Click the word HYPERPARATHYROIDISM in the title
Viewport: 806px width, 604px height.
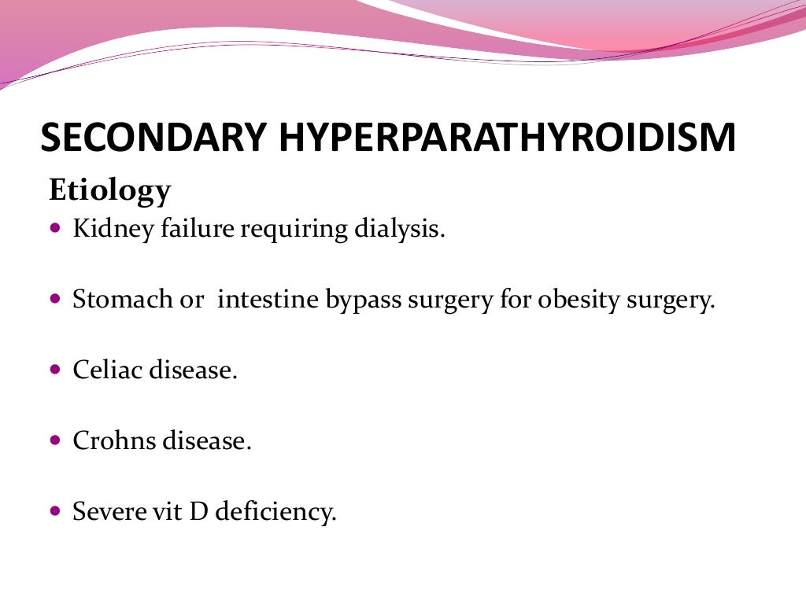coord(507,138)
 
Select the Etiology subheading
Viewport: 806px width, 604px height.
coord(109,191)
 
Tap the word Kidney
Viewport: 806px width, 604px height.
coord(107,230)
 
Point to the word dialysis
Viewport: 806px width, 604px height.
coord(400,230)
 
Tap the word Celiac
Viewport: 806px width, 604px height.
coord(104,370)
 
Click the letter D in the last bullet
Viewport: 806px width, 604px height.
coord(198,511)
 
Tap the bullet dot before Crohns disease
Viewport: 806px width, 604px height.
coord(54,441)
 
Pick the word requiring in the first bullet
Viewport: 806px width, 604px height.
coord(290,230)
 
